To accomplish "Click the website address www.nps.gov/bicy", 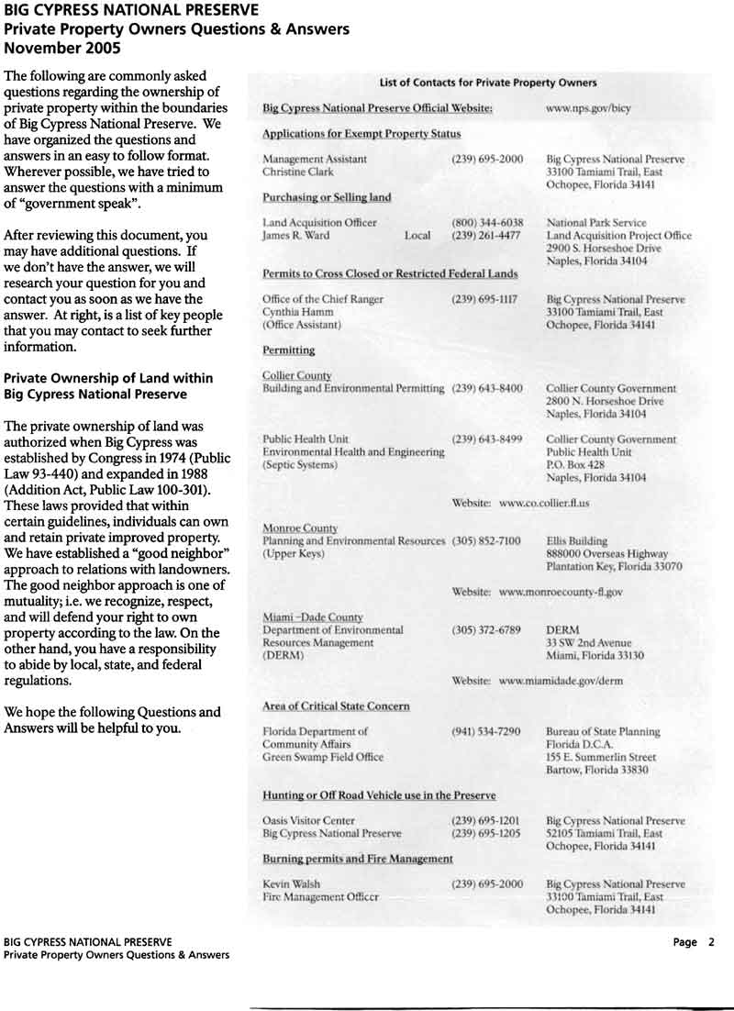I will tap(588, 108).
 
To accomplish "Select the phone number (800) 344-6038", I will tap(487, 222).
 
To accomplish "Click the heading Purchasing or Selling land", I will tap(327, 197).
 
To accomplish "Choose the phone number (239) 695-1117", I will tap(487, 299).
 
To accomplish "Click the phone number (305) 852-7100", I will tap(487, 541).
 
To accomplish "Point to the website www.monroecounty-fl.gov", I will tap(561, 593).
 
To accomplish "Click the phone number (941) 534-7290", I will tap(487, 731).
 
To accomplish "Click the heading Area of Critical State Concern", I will tap(336, 706).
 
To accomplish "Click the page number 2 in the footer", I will tap(710, 942).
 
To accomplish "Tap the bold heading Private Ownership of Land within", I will tap(108, 378).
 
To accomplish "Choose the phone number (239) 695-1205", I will tap(487, 834).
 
